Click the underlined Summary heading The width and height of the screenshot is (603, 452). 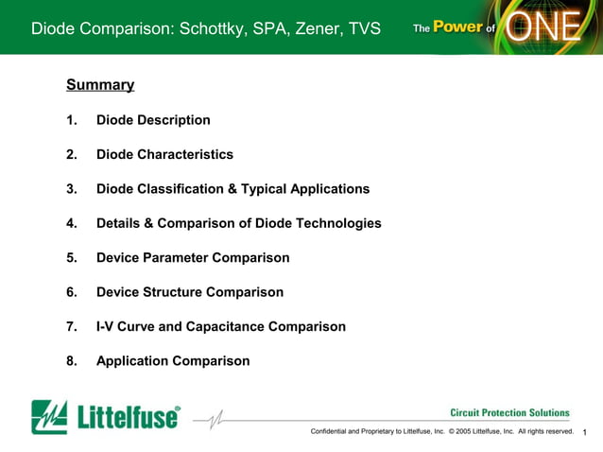pos(100,85)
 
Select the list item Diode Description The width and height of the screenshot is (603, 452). pos(153,120)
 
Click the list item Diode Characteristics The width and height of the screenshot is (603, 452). pos(164,154)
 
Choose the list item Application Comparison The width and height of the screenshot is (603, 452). pos(173,361)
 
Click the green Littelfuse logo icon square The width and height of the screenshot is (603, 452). pos(49,417)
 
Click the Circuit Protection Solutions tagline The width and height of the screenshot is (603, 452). pos(509,412)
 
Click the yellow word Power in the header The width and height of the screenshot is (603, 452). pos(457,27)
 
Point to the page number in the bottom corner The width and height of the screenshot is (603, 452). pos(586,433)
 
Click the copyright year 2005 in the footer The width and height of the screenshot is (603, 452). pos(465,432)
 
